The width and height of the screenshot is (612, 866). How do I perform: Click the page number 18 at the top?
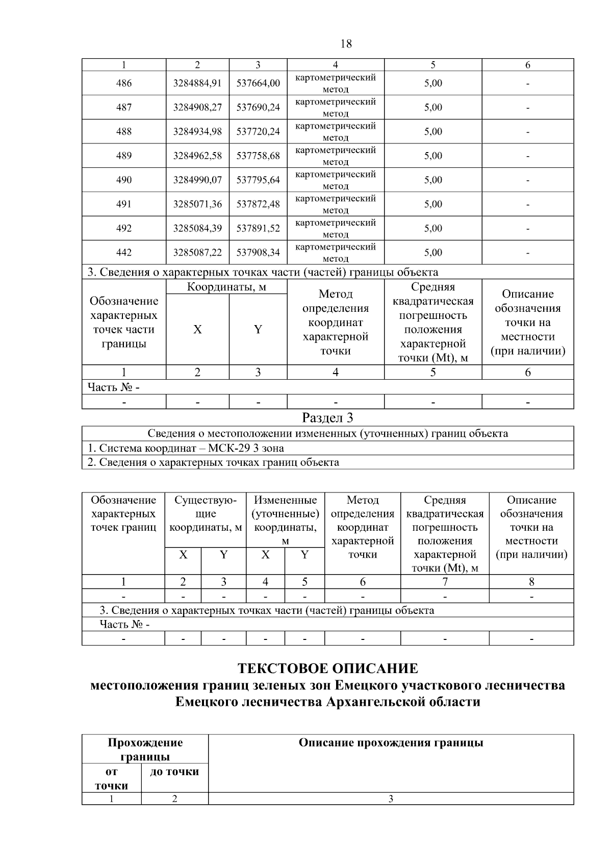click(x=345, y=44)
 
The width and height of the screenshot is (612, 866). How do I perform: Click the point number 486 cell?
click(x=124, y=83)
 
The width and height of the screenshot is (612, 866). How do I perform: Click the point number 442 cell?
click(x=124, y=253)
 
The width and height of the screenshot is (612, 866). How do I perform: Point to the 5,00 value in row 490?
click(x=433, y=180)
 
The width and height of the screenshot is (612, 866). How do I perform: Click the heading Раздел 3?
click(x=327, y=418)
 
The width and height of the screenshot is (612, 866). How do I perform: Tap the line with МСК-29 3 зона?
click(x=186, y=448)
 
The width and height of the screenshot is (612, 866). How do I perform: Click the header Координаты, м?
click(x=226, y=287)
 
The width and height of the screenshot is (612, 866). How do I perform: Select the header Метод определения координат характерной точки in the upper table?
click(x=335, y=322)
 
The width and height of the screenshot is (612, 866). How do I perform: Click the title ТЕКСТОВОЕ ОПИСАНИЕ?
click(x=327, y=669)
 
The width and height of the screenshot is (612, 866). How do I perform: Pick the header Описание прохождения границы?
click(x=391, y=743)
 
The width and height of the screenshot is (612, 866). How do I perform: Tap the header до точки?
click(x=174, y=772)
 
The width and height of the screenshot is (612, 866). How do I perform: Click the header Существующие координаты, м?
click(x=206, y=514)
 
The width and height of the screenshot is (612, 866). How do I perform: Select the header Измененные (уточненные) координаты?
click(x=285, y=514)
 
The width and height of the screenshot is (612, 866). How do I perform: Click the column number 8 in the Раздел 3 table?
click(x=531, y=582)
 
